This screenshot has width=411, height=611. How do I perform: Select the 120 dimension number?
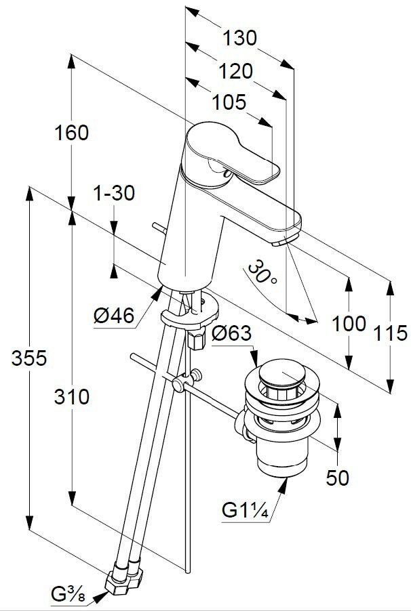(x=235, y=70)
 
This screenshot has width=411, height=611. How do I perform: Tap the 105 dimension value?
(x=228, y=102)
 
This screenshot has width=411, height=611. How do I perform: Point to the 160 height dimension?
(x=71, y=133)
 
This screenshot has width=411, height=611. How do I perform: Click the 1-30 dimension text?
(x=114, y=194)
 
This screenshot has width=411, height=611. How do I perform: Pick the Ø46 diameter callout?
(x=114, y=314)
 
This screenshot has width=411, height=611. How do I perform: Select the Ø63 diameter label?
(x=231, y=333)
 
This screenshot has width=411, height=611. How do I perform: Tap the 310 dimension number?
(x=71, y=396)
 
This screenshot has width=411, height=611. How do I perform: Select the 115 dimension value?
(x=390, y=333)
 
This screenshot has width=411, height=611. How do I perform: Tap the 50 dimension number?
(x=337, y=478)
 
